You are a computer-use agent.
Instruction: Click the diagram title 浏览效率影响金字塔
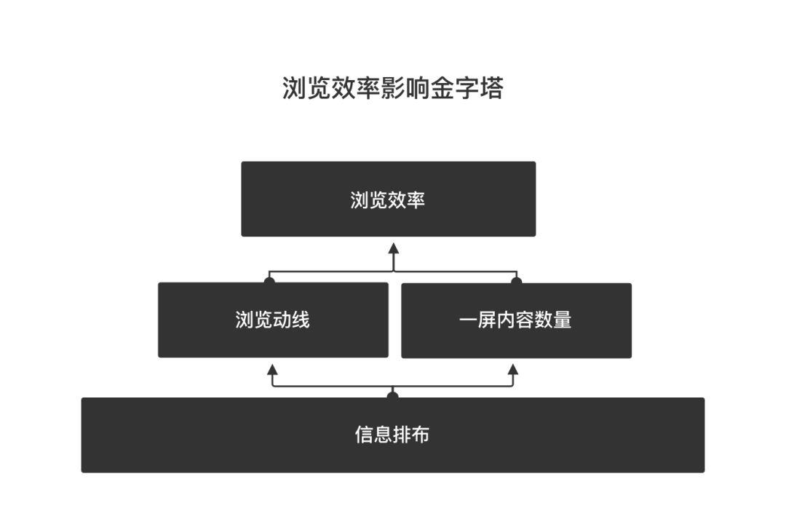coord(392,88)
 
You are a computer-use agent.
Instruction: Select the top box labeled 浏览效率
coord(388,199)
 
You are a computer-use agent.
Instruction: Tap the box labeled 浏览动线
coord(273,320)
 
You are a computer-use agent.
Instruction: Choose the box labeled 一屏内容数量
coord(516,320)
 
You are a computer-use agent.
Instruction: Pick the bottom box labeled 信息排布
coord(392,435)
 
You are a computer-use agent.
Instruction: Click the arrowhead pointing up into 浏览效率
coord(393,248)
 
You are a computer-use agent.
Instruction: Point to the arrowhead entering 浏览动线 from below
coord(273,370)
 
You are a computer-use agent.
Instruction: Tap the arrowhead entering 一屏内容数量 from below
coord(512,370)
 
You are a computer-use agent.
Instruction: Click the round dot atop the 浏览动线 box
coord(270,280)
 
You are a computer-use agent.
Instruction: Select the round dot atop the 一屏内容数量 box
coord(516,280)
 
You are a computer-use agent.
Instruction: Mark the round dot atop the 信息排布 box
coord(393,395)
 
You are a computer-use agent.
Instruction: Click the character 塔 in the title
coord(491,88)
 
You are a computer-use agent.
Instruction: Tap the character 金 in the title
coord(441,88)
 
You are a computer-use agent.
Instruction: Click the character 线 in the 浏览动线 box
coord(301,320)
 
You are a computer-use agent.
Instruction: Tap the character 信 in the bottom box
coord(364,435)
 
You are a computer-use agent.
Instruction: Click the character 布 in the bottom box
coord(420,435)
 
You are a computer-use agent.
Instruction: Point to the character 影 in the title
coord(392,88)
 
